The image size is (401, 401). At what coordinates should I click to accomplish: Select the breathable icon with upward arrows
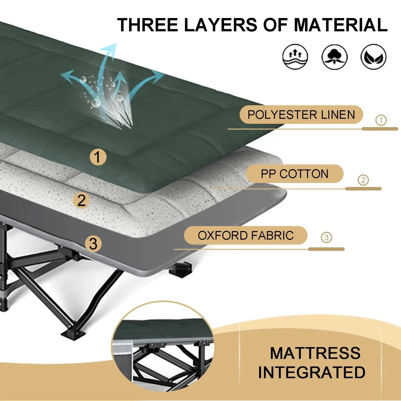[x=295, y=57]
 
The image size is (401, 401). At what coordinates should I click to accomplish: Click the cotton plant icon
[x=334, y=57]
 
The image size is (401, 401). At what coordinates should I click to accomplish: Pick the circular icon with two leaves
[x=373, y=57]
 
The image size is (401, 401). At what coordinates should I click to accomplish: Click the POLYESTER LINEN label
[x=301, y=115]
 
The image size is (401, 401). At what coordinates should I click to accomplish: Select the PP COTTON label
[x=294, y=174]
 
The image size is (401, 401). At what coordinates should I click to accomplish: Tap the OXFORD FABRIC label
[x=246, y=235]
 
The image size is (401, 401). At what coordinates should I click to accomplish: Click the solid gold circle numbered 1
[x=98, y=157]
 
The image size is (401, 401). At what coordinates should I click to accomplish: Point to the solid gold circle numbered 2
[x=81, y=200]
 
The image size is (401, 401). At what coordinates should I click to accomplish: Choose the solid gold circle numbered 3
[x=93, y=244]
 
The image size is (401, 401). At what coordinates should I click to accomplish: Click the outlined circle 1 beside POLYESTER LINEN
[x=381, y=120]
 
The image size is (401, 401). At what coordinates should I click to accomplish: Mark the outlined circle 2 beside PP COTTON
[x=363, y=180]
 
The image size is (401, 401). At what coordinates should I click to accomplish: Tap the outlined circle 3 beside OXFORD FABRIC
[x=326, y=237]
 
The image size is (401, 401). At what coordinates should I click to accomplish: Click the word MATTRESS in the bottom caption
[x=315, y=353]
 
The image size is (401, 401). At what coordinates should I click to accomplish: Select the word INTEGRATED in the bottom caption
[x=312, y=372]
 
